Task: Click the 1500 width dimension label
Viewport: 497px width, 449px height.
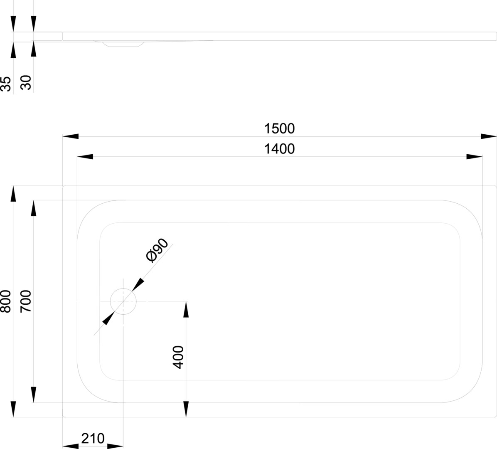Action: point(279,128)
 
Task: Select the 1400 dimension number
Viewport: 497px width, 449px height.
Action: point(279,148)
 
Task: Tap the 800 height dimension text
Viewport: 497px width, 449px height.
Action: point(6,301)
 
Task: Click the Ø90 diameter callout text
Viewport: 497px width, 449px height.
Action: point(157,251)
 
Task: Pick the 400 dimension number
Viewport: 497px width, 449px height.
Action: point(178,357)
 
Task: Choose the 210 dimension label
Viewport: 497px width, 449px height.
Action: point(93,438)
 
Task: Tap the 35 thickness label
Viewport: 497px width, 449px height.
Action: point(6,84)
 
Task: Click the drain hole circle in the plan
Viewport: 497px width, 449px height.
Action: point(123,301)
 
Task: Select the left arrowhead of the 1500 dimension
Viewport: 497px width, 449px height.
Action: point(70,136)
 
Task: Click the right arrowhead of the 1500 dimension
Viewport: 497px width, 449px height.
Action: point(489,136)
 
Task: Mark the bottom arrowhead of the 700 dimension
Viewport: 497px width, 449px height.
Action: point(33,395)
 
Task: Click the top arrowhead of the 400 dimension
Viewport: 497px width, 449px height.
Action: point(186,309)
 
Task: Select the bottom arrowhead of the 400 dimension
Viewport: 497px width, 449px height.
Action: point(186,409)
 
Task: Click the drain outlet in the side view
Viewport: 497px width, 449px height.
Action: point(123,44)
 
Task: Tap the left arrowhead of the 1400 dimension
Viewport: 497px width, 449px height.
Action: point(85,157)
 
